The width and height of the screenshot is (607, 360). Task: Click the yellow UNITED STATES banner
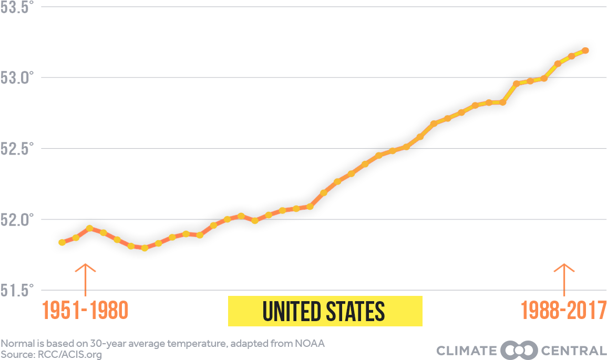tap(325, 311)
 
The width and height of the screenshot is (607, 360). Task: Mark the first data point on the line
tap(62, 242)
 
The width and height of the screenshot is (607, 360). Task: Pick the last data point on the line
tap(585, 50)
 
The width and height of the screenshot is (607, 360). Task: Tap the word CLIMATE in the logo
tap(466, 351)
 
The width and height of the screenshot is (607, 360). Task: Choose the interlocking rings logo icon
tap(519, 351)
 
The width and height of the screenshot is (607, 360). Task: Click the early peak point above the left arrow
tap(90, 228)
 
